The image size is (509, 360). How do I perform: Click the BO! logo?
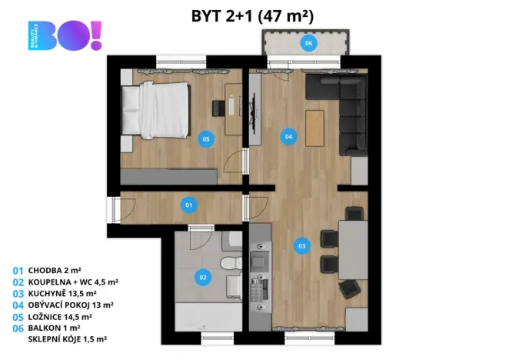(65, 36)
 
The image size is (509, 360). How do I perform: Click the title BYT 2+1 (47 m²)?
(251, 15)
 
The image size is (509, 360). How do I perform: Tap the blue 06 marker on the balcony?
(308, 43)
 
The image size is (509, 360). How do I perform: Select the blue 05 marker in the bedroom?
(205, 139)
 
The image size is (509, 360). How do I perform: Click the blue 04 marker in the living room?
(288, 137)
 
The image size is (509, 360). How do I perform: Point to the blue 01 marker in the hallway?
(188, 205)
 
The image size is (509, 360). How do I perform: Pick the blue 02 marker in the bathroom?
(203, 278)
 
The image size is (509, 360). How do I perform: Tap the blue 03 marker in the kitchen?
(301, 246)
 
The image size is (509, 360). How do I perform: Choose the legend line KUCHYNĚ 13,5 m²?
(62, 293)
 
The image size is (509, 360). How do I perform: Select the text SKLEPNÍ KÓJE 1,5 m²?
(68, 338)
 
